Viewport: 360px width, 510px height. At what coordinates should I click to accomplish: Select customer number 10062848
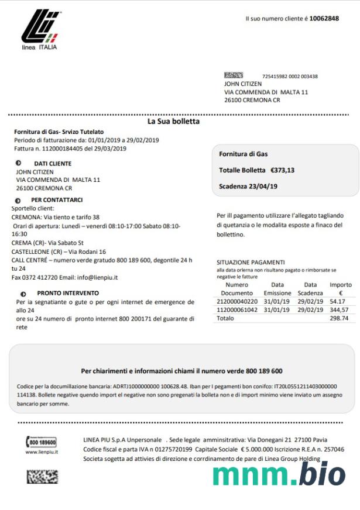tap(324, 19)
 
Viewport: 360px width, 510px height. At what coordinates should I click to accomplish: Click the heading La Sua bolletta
tap(173, 122)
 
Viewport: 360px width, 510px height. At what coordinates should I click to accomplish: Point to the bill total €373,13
tap(282, 170)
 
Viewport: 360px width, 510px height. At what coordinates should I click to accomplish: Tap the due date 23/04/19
tap(263, 187)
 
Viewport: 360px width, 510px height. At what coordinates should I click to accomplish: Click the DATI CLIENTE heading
tap(53, 164)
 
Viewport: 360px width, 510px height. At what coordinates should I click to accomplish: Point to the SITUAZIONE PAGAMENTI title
tap(251, 263)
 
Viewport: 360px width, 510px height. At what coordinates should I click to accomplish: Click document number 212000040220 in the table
tap(236, 301)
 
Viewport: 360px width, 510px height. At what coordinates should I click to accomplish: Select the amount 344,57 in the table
tap(339, 309)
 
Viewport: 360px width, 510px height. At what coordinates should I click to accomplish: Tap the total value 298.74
tap(339, 318)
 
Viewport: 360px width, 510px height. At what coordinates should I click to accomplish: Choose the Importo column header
tap(341, 284)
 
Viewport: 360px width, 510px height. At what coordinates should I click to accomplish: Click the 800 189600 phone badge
tap(42, 442)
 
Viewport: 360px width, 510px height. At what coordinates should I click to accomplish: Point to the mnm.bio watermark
tap(279, 473)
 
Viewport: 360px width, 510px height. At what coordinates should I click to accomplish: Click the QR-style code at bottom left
tap(42, 477)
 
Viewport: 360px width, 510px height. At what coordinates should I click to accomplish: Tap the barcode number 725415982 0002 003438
tap(290, 77)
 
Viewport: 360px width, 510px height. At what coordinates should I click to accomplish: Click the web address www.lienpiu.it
tap(42, 452)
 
